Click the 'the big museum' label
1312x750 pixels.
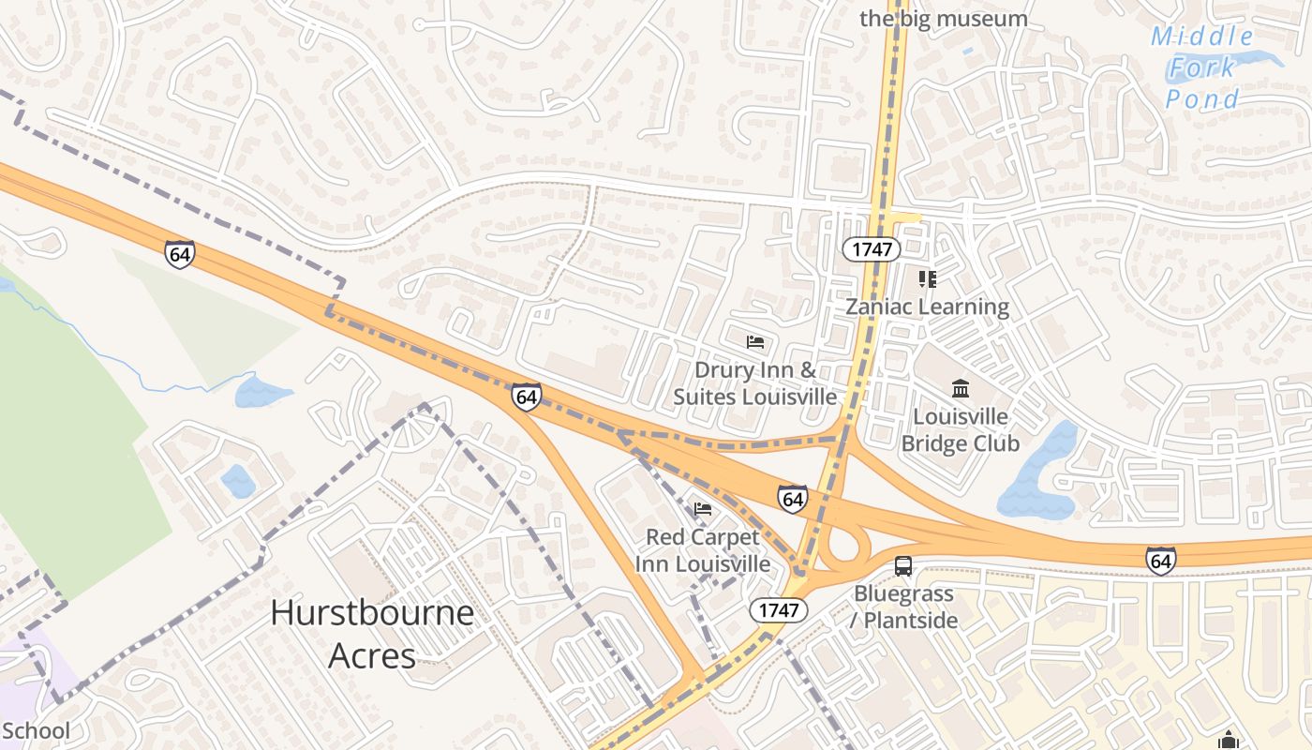click(x=944, y=19)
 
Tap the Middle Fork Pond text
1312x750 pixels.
click(x=1202, y=67)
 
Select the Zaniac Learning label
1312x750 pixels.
click(x=927, y=307)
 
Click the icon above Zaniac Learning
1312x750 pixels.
click(x=927, y=278)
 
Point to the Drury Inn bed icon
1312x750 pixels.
click(x=755, y=342)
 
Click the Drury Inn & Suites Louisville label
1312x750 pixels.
click(x=755, y=383)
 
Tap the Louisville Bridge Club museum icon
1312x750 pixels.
click(x=960, y=388)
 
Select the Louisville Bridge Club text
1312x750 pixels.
click(x=960, y=429)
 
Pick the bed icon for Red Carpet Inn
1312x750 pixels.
click(x=702, y=509)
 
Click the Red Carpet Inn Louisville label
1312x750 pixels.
click(x=702, y=551)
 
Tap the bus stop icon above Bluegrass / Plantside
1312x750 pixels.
click(x=903, y=565)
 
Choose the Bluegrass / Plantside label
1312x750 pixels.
click(x=903, y=607)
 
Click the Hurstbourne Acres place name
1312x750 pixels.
click(x=372, y=634)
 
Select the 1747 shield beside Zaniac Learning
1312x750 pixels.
click(x=871, y=249)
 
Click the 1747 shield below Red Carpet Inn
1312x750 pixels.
click(x=778, y=610)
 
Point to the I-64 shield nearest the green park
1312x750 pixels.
click(x=179, y=254)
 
